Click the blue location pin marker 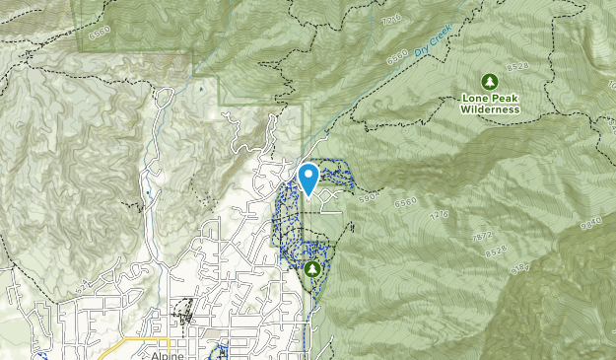(308, 179)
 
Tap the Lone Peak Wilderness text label (489, 104)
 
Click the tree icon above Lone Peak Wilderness (488, 81)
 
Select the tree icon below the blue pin (313, 268)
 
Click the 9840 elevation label (591, 226)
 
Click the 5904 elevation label (370, 197)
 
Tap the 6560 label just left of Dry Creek (397, 58)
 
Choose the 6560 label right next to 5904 (405, 203)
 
